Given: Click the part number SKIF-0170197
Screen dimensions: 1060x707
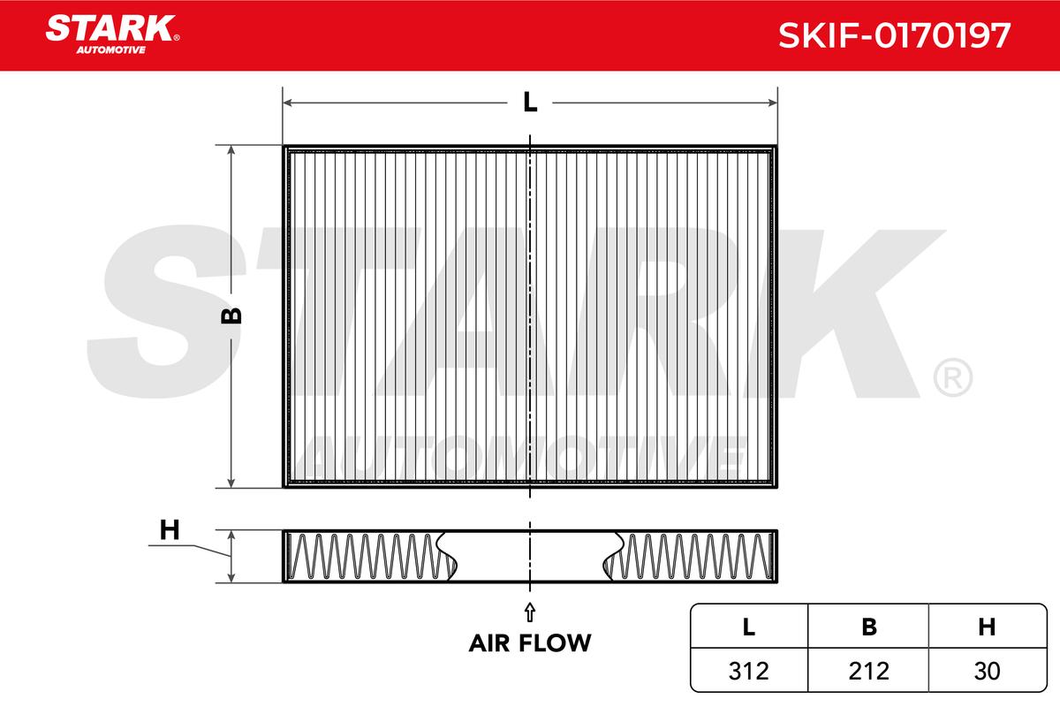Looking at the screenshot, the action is pyautogui.click(x=894, y=35).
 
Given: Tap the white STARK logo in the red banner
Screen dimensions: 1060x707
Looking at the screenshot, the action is pyautogui.click(x=110, y=28).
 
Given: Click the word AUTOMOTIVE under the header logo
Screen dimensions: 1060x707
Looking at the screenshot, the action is pyautogui.click(x=111, y=50).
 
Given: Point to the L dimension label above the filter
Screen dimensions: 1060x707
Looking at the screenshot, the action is pyautogui.click(x=530, y=102).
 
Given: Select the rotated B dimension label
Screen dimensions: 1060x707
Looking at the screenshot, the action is pyautogui.click(x=231, y=315).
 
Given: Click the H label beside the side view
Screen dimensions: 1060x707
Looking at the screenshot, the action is pyautogui.click(x=170, y=530).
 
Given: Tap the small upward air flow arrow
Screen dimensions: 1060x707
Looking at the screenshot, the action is pyautogui.click(x=529, y=612).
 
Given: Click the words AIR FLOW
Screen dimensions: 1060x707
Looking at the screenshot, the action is pyautogui.click(x=530, y=643).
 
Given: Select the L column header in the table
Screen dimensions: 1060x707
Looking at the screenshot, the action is pyautogui.click(x=749, y=627).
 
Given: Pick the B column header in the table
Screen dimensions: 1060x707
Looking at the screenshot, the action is pyautogui.click(x=869, y=627).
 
